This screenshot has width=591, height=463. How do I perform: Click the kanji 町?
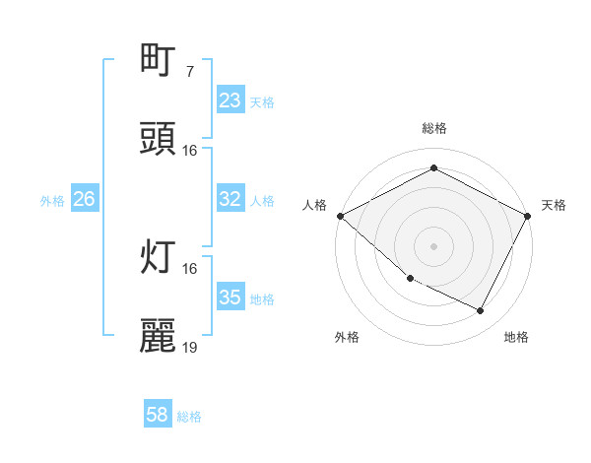pos(159,61)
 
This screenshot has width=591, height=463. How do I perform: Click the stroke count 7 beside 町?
pos(189,72)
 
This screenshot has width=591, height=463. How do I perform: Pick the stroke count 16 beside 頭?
pos(190,151)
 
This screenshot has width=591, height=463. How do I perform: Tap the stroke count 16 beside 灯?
pos(190,269)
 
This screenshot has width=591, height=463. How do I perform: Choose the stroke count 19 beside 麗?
pos(190,348)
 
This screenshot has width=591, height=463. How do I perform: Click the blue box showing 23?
pos(230,100)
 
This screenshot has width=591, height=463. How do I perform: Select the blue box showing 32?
pos(230,199)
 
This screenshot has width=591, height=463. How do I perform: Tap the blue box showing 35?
pos(230,298)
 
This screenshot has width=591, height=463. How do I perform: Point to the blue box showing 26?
pos(84,199)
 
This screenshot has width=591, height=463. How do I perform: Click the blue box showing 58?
pos(158,416)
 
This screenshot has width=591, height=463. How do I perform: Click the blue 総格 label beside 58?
pos(189,417)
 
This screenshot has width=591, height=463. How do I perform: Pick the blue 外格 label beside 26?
pos(52,200)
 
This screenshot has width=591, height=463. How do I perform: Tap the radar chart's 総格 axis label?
pos(433,129)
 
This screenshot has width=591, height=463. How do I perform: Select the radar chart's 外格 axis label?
pos(347,337)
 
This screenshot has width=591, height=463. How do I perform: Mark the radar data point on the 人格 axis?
pos(340,216)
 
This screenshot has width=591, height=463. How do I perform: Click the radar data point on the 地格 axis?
pos(481,311)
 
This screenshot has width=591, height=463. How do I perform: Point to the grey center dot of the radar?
pos(433,246)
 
